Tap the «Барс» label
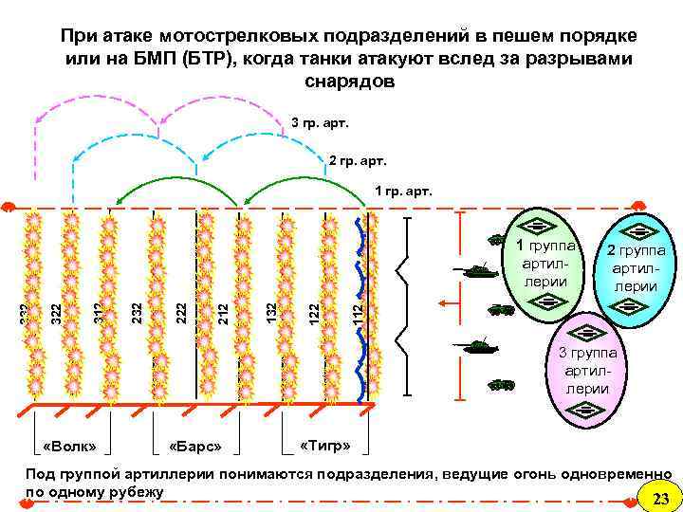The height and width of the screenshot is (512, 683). (194, 446)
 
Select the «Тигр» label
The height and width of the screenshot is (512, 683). (325, 445)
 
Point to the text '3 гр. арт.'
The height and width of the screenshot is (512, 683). (320, 123)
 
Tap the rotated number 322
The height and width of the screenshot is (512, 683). (57, 310)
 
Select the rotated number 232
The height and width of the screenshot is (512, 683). (138, 310)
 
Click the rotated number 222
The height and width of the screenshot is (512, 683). (180, 310)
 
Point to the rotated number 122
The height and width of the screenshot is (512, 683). (314, 310)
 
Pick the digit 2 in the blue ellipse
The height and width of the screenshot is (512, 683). (613, 251)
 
